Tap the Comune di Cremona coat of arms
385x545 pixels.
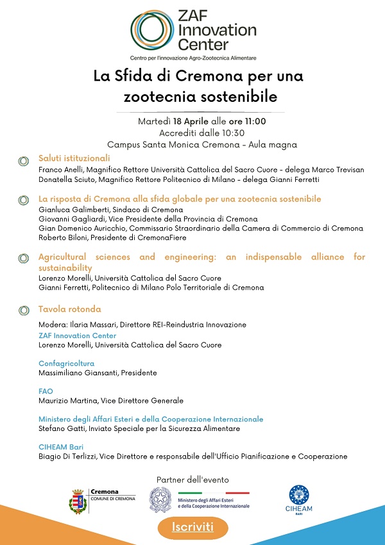click(79, 500)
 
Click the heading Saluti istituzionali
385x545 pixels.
click(74, 158)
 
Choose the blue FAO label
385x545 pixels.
click(46, 391)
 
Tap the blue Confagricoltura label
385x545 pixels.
click(66, 363)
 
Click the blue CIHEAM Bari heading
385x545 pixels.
click(62, 446)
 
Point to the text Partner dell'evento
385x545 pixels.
click(193, 480)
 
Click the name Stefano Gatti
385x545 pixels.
click(62, 428)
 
